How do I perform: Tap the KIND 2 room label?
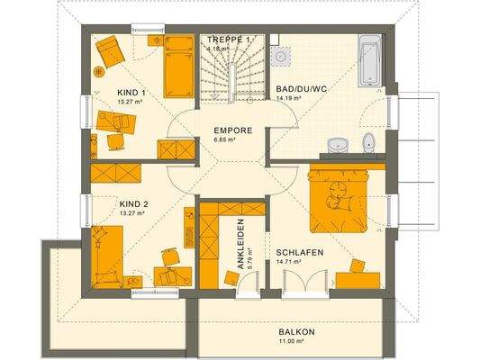point(133,204)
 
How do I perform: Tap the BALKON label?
point(297,333)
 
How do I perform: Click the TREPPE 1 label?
point(229,40)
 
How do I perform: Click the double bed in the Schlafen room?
point(340,194)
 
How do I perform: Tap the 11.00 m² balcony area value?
point(297,343)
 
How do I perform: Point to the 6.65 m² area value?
point(225,140)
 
